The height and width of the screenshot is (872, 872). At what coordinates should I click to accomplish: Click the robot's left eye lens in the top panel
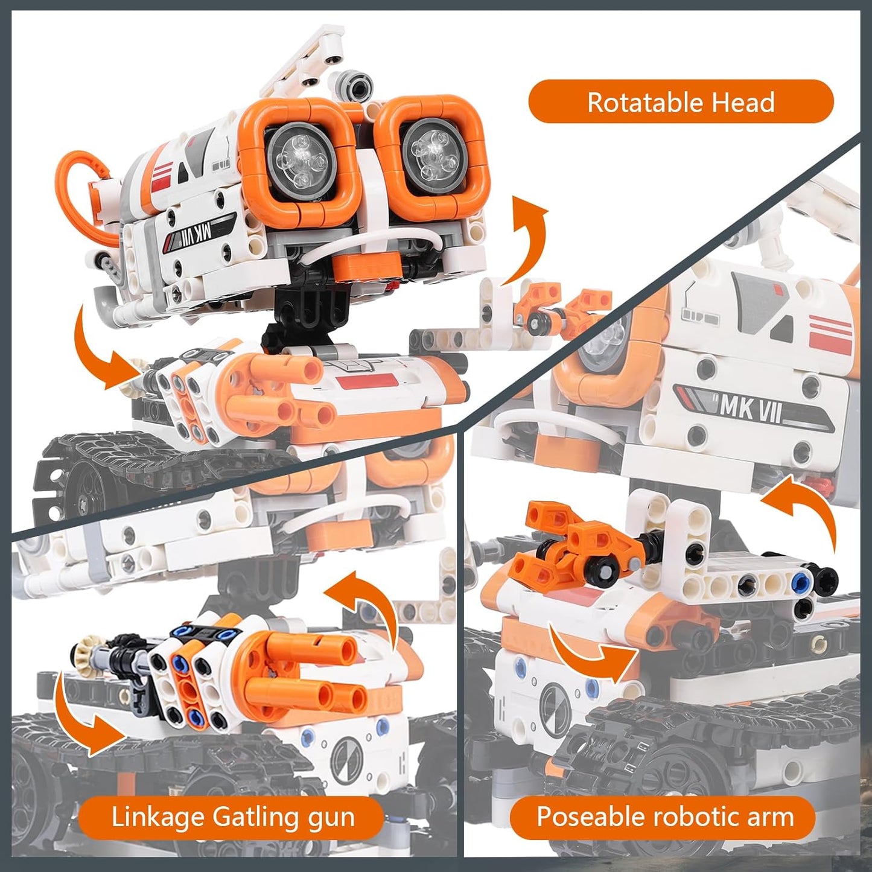click(298, 158)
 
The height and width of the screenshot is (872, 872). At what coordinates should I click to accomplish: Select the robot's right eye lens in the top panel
click(431, 151)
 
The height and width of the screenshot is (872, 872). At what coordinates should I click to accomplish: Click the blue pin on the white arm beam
click(800, 581)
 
